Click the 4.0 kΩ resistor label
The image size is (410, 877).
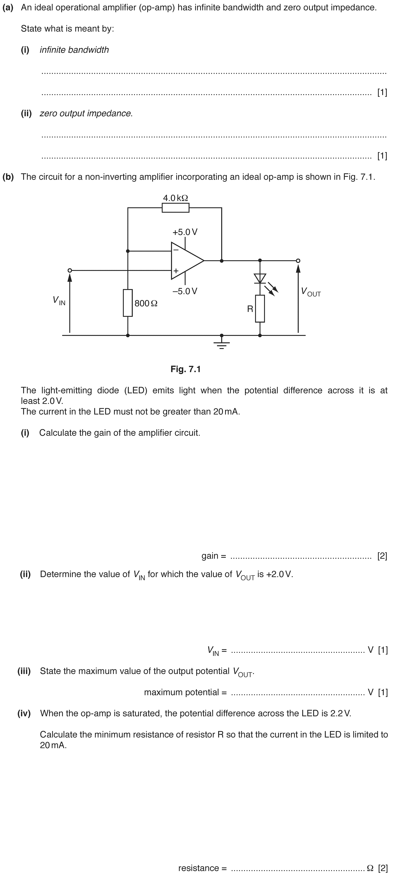pyautogui.click(x=176, y=198)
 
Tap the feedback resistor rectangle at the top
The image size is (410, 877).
pyautogui.click(x=176, y=208)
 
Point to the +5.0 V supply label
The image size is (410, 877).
pyautogui.click(x=185, y=232)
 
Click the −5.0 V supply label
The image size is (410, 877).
pyautogui.click(x=185, y=291)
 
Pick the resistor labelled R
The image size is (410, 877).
pyautogui.click(x=260, y=308)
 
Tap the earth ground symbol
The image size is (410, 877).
pyautogui.click(x=221, y=344)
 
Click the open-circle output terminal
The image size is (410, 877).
pyautogui.click(x=298, y=261)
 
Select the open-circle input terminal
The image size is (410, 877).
pyautogui.click(x=70, y=270)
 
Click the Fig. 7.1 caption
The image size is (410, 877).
pyautogui.click(x=186, y=369)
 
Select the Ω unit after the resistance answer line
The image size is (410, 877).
pyautogui.click(x=370, y=868)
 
